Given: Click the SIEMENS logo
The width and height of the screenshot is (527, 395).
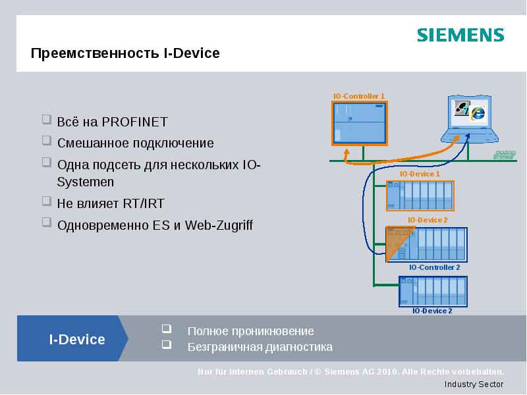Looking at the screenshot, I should point(460,35).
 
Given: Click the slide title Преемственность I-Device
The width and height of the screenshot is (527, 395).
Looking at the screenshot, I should point(125,53).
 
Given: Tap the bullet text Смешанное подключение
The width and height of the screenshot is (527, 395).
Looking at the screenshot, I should point(135,143).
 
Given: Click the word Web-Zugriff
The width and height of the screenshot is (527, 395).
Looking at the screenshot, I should point(219,225).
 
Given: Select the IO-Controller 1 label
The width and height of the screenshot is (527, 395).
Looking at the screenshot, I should point(358,96).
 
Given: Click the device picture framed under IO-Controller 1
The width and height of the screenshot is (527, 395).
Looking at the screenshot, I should point(358,123).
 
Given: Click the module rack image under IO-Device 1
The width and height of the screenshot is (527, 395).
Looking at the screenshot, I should point(420,195).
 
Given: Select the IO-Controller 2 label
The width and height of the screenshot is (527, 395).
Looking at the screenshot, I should point(434,268).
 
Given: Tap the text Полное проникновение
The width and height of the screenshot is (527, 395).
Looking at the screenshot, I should point(250,331).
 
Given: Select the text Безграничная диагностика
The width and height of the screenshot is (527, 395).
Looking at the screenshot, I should point(260,347).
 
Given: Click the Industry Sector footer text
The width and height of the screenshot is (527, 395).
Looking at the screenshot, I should point(474,384).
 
